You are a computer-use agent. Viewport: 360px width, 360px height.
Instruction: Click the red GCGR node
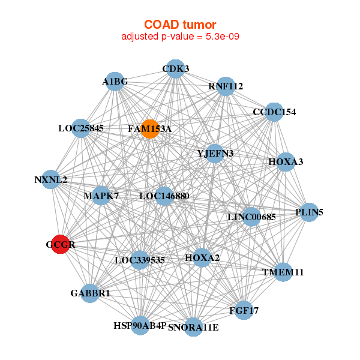tap(60, 244)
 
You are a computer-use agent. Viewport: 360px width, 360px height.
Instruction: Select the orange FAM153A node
tap(149, 129)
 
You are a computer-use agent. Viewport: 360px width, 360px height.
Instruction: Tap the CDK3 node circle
tap(175, 69)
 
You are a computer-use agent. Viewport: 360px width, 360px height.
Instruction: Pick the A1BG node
tap(115, 82)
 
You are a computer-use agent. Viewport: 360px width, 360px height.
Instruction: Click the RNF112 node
tap(225, 86)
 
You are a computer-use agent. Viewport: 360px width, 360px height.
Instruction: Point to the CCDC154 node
tap(274, 112)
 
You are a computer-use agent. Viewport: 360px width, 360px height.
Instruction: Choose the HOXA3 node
tap(286, 162)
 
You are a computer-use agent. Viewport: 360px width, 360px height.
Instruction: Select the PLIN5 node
tap(308, 212)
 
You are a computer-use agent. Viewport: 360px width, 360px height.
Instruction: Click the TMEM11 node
tap(283, 272)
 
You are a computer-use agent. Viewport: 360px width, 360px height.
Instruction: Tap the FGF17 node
tap(243, 310)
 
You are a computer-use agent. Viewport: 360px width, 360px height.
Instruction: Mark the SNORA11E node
tap(193, 327)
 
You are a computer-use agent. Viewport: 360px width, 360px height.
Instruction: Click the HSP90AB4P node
tap(140, 325)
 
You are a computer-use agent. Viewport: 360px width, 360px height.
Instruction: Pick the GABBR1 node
tap(90, 293)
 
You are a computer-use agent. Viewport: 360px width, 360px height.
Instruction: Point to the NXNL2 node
tap(51, 179)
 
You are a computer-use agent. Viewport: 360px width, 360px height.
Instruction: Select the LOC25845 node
tap(81, 128)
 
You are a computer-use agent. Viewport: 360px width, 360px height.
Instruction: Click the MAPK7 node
tap(101, 196)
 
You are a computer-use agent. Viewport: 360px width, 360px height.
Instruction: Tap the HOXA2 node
tap(202, 258)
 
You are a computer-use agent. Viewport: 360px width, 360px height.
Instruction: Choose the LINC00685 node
tap(251, 217)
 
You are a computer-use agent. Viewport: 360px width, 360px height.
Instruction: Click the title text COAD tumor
tap(181, 25)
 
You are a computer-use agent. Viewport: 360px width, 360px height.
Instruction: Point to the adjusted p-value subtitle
tap(181, 37)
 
